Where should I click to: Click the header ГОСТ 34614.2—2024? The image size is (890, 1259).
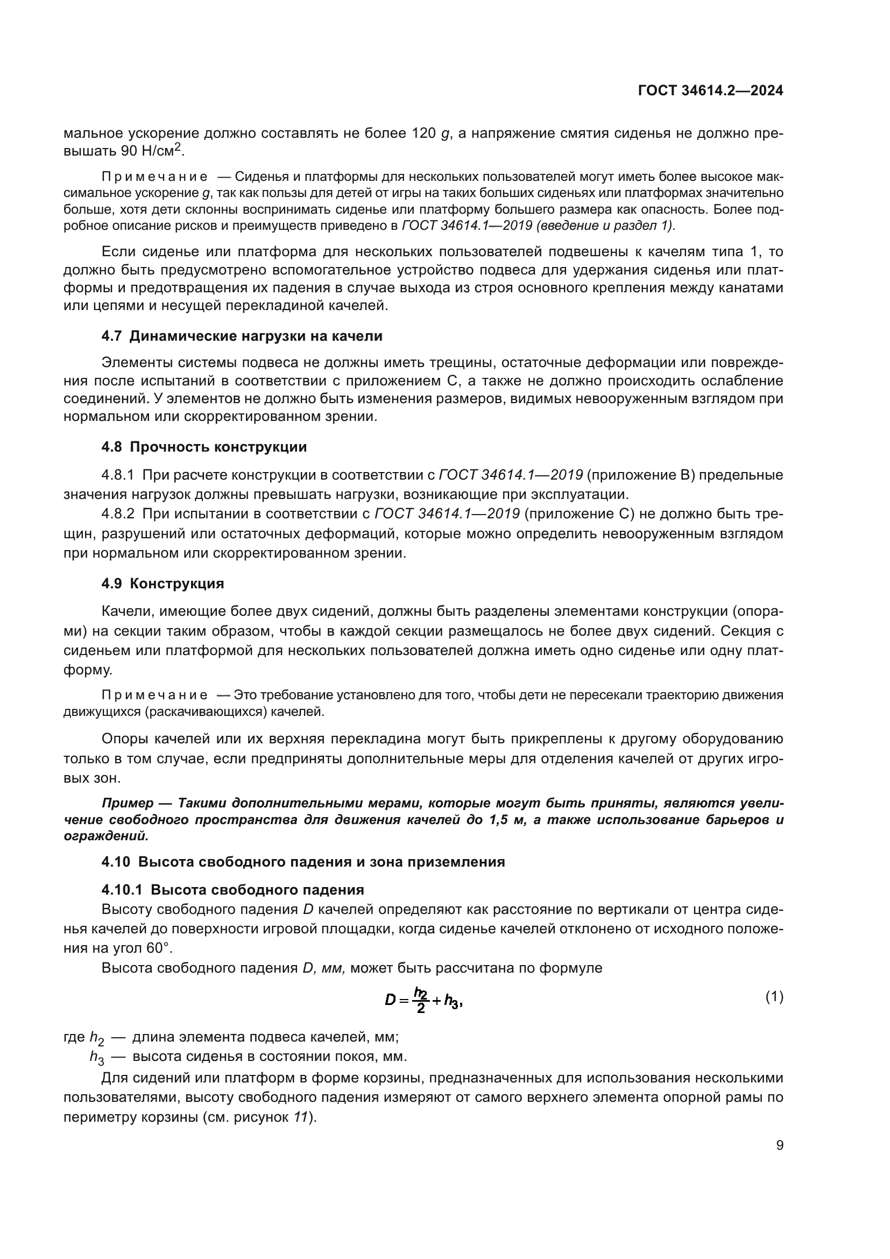click(710, 91)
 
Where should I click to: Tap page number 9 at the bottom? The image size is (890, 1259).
click(779, 1145)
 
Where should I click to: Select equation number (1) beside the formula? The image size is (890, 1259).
click(774, 996)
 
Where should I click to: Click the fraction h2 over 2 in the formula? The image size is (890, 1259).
click(420, 1000)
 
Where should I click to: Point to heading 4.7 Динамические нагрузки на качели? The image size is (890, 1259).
click(242, 336)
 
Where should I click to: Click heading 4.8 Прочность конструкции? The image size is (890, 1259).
click(204, 447)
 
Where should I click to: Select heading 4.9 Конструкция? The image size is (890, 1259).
click(163, 583)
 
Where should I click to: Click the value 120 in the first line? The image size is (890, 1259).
click(423, 133)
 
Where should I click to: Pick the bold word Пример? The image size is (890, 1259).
click(128, 803)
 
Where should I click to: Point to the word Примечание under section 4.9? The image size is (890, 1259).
click(154, 695)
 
